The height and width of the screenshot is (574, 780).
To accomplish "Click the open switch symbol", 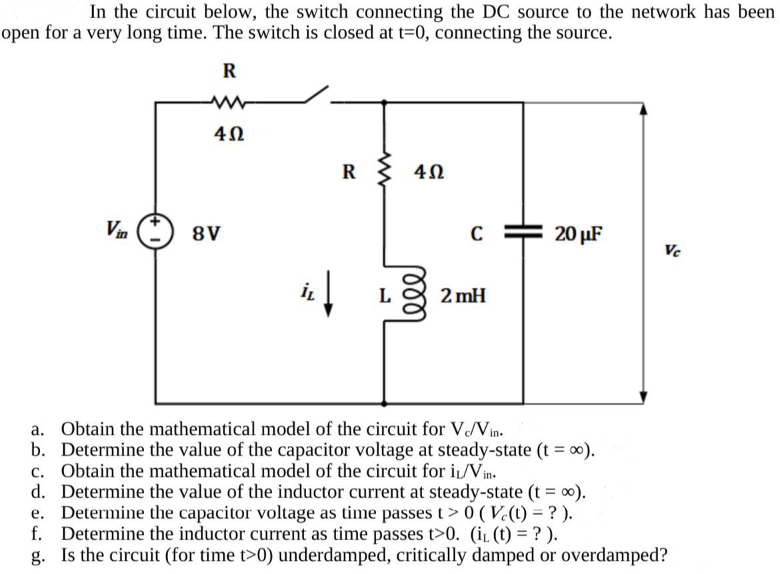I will pos(317,95).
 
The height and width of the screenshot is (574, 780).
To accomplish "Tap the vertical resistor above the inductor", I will pos(383,172).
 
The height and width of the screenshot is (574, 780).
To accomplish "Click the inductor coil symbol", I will pos(383,293).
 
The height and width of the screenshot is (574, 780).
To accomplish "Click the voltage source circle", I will pos(157,233).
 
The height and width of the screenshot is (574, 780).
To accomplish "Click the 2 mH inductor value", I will pos(463,295).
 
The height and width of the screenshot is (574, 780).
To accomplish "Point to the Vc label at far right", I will pos(673,250).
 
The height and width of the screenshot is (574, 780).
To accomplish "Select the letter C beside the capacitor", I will pos(475,234).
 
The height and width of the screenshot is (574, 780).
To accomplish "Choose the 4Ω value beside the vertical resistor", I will pos(429,172).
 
